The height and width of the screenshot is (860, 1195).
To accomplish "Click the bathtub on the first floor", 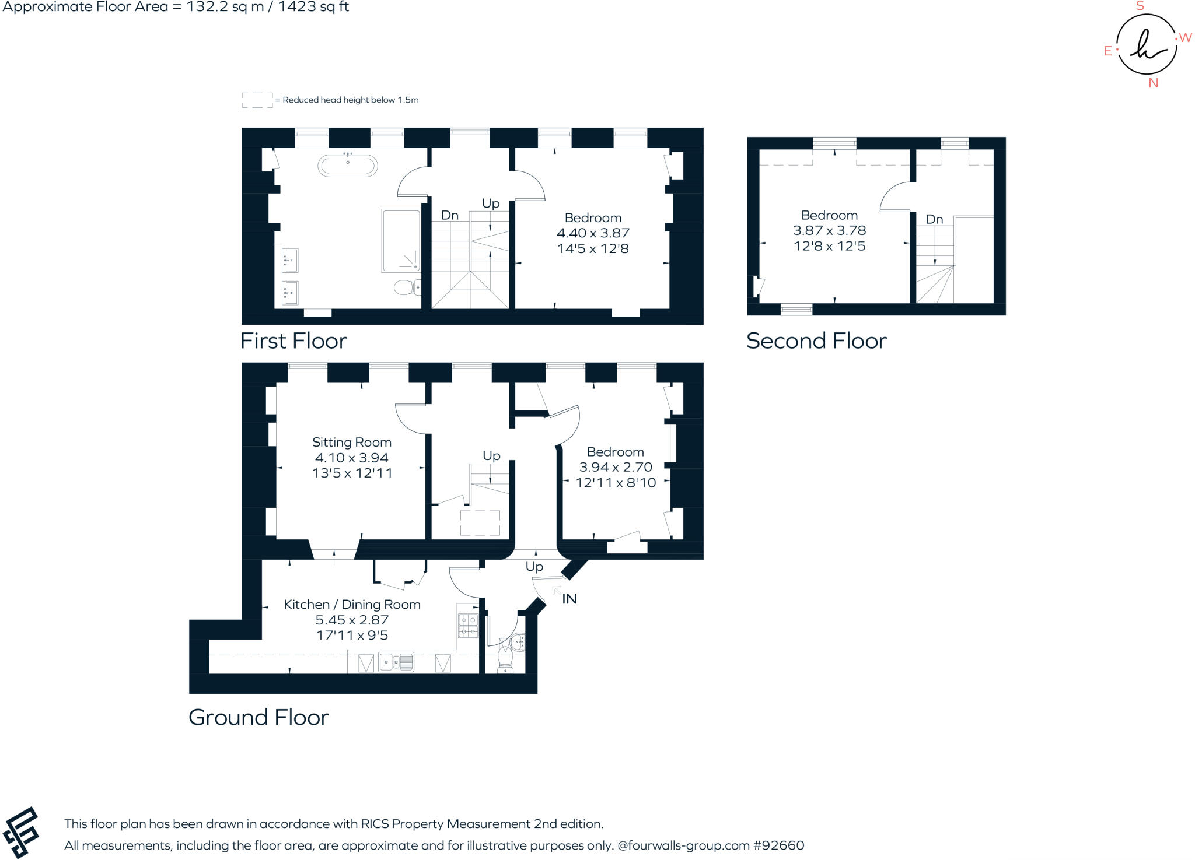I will [347, 166].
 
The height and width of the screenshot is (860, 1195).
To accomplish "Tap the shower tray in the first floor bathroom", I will [401, 241].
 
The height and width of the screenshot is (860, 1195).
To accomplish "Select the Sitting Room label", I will [351, 443].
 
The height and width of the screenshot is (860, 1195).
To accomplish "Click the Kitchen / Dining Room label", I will [352, 605].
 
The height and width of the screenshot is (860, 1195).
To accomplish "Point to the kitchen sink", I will [396, 662].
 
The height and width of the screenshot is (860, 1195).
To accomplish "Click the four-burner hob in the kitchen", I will [468, 626].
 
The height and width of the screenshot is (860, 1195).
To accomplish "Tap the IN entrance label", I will [569, 599].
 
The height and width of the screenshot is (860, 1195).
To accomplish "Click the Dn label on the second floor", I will [934, 220].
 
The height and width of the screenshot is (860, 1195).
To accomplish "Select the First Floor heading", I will [293, 341].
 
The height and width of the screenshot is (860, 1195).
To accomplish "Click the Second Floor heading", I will [816, 341].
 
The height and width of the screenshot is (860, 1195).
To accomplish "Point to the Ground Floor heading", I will [258, 718].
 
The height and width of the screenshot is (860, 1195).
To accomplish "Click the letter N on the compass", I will [1153, 83].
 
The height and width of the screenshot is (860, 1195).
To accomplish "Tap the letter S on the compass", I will [1140, 6].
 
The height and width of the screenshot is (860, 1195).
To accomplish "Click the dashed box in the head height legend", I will [257, 100].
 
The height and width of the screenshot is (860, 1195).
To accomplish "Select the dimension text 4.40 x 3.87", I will [593, 233].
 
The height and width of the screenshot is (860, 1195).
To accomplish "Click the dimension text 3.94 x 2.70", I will [616, 467].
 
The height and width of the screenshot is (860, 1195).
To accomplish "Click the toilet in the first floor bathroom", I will [405, 287].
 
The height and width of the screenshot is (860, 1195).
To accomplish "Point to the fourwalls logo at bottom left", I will [21, 832].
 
